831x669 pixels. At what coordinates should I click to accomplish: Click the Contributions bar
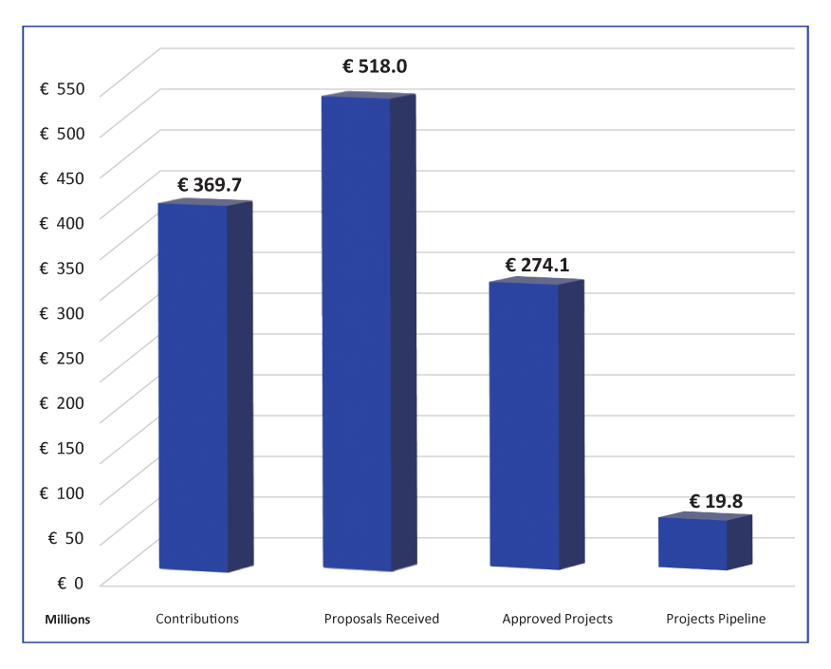click(194, 387)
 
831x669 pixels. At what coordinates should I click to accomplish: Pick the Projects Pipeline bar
click(693, 543)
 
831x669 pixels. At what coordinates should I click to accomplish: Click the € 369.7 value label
click(214, 184)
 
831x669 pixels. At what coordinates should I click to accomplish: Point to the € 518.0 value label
click(380, 67)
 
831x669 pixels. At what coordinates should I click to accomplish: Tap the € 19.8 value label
click(715, 500)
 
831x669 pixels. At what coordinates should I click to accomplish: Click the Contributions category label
click(197, 619)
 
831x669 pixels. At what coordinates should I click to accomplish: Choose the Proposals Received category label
click(381, 619)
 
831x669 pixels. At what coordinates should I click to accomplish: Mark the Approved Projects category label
click(558, 619)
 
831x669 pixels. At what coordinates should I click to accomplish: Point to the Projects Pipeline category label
click(715, 619)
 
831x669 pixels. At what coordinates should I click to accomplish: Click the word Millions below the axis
click(67, 620)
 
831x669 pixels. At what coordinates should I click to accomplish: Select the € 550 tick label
click(63, 89)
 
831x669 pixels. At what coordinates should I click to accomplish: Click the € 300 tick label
click(63, 313)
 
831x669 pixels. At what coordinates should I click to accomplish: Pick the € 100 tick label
click(63, 492)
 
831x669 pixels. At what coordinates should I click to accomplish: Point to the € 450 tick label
click(63, 178)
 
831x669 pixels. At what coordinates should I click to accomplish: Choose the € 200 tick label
click(63, 403)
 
